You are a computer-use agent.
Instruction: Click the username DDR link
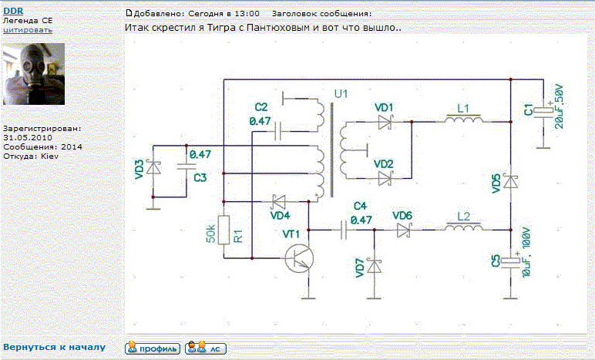[x=13, y=11]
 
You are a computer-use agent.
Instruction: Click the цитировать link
[x=28, y=30]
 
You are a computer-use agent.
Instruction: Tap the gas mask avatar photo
[x=34, y=74]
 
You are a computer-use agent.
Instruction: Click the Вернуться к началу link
[x=54, y=347]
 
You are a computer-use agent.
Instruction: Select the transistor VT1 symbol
[x=300, y=258]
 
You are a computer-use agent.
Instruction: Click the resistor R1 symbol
[x=224, y=230]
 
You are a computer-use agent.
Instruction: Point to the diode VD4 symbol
[x=279, y=201]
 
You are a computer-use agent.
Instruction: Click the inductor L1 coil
[x=463, y=119]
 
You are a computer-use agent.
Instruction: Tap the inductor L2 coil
[x=463, y=227]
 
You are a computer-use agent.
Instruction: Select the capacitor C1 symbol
[x=543, y=111]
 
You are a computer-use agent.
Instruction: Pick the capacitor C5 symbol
[x=511, y=262]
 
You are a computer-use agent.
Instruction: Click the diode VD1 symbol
[x=385, y=122]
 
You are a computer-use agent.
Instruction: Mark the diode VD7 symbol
[x=375, y=266]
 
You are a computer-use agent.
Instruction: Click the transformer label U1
[x=341, y=93]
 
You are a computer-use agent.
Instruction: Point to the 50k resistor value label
[x=211, y=234]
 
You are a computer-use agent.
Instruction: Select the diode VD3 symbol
[x=153, y=167]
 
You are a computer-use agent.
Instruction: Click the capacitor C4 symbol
[x=344, y=230]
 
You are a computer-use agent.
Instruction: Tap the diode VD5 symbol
[x=511, y=181]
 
